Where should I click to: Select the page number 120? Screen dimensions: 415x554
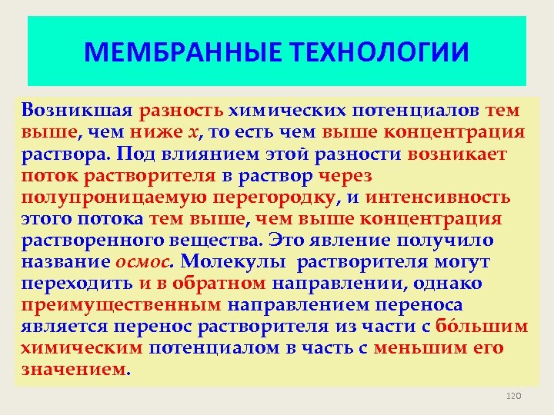click(513, 395)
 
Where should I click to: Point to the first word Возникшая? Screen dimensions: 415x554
click(78, 110)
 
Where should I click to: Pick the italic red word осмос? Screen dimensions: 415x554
click(144, 262)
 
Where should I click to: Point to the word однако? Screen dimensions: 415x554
click(447, 284)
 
